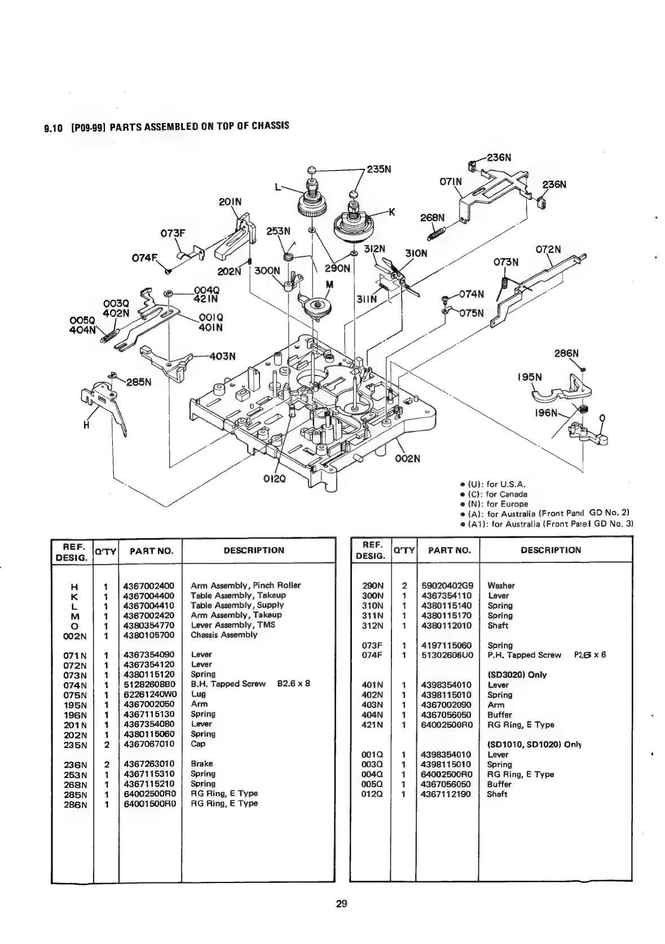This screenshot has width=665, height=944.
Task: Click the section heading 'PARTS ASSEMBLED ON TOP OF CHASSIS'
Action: pyautogui.click(x=199, y=126)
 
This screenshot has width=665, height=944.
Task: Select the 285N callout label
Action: pyautogui.click(x=139, y=382)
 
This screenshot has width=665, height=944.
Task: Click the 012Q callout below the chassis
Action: pyautogui.click(x=275, y=479)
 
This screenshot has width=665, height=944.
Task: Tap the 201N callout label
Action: pyautogui.click(x=230, y=202)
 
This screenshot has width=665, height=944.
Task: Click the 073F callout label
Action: pyautogui.click(x=175, y=231)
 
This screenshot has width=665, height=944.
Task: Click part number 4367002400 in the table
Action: pyautogui.click(x=149, y=585)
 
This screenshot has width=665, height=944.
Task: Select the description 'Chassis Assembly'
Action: pyautogui.click(x=224, y=635)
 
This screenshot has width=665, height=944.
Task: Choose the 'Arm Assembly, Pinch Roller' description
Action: pyautogui.click(x=245, y=585)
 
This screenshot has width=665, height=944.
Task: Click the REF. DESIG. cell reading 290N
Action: pyautogui.click(x=373, y=585)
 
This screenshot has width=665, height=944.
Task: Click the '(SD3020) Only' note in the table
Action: pyautogui.click(x=517, y=675)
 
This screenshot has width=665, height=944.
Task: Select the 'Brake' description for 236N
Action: pyautogui.click(x=201, y=764)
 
